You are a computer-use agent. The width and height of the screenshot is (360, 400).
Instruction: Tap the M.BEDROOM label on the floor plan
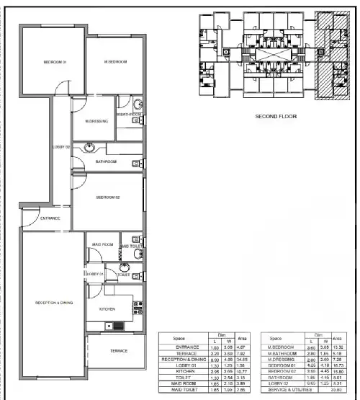(x=115, y=63)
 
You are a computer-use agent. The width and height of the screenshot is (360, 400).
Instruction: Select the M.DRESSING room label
(x=96, y=121)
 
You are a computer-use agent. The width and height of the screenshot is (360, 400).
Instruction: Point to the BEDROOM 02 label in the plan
(x=107, y=197)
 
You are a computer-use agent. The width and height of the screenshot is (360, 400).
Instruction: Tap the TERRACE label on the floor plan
(x=118, y=351)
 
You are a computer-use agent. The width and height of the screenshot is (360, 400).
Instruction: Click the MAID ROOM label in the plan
(x=103, y=245)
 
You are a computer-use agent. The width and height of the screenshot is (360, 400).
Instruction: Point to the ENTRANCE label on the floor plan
(x=49, y=218)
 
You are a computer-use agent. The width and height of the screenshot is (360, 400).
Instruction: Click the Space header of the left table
(x=181, y=337)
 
